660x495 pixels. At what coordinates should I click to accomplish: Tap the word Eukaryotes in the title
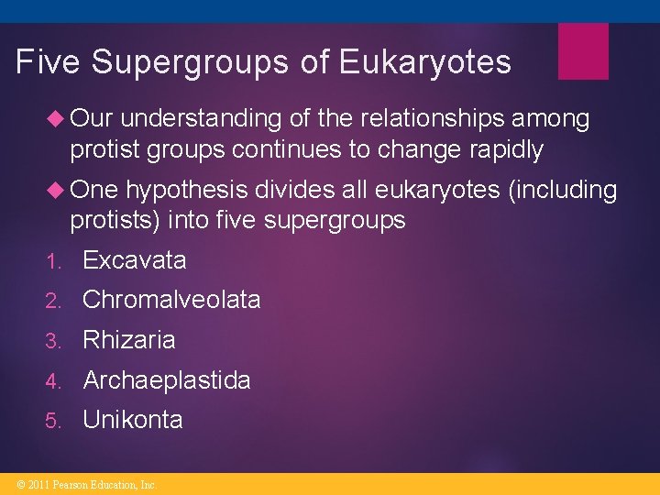(424, 62)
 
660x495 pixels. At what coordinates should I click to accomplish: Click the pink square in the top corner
(583, 51)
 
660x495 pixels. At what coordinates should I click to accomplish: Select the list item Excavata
(134, 260)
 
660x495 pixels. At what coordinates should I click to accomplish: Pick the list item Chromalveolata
(171, 300)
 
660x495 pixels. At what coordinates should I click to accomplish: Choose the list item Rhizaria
(128, 340)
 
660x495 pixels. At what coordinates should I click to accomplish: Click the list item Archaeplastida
(166, 380)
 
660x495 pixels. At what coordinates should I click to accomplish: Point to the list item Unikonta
(132, 420)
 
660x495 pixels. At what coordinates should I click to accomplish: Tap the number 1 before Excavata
(54, 261)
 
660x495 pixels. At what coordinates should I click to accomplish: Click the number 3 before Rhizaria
(54, 341)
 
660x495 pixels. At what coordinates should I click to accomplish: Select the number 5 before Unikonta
(54, 421)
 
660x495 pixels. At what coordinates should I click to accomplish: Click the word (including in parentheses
(560, 190)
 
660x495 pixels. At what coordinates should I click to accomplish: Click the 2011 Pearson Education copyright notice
(81, 484)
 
